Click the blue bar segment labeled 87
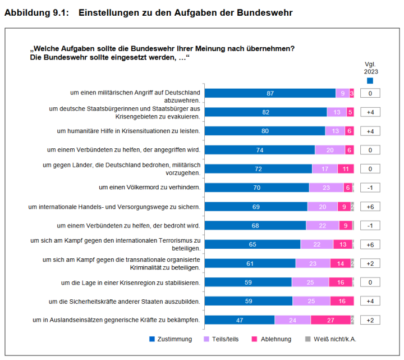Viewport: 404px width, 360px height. point(270,93)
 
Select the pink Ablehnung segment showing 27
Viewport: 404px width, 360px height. point(330,320)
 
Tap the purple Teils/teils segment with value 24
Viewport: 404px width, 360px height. point(292,320)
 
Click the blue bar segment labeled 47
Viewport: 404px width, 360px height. point(239,320)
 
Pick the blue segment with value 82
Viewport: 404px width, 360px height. point(265,112)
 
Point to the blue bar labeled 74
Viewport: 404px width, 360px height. point(259,150)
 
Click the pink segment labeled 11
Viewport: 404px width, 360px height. point(346,168)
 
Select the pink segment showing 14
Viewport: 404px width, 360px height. point(341,263)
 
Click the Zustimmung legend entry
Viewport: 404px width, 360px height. point(171,339)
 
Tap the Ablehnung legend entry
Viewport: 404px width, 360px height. point(272,339)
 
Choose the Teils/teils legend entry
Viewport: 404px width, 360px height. point(221,339)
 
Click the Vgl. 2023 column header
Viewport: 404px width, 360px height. point(371,68)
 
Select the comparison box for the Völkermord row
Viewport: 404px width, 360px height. point(370,188)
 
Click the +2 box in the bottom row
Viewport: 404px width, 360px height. point(370,320)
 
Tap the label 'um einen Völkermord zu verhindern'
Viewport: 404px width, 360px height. point(150,188)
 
